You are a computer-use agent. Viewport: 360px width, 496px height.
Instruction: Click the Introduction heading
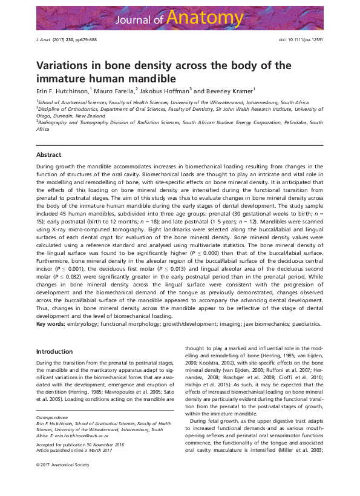pos(54,351)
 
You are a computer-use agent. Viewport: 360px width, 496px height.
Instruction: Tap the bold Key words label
pos(51,324)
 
